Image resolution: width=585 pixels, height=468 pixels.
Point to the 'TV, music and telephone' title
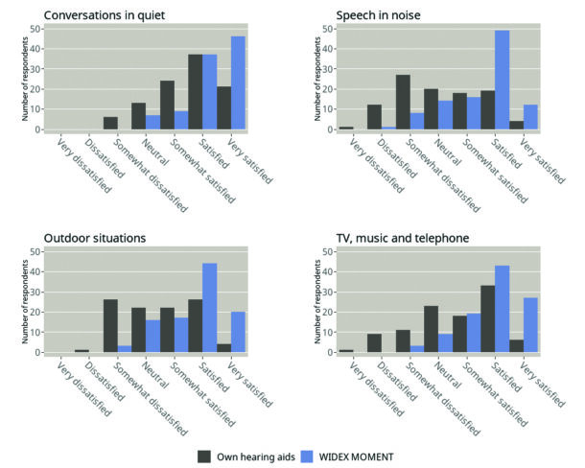coord(401,237)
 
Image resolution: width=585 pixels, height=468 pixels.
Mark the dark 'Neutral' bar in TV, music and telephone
coord(431,329)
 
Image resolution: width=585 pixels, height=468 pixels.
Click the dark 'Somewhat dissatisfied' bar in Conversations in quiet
coord(110,123)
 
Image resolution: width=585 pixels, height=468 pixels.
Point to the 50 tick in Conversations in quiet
coord(35,29)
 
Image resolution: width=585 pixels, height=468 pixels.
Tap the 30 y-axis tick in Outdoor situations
coord(35,292)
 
